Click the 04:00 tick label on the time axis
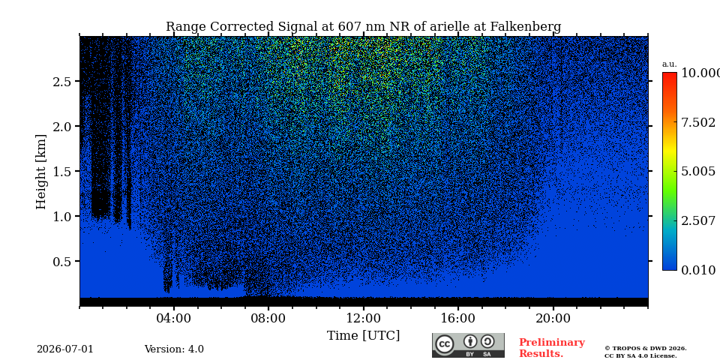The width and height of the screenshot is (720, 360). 174,319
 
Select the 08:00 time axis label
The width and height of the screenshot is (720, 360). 268,319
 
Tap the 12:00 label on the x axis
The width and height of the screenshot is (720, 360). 364,319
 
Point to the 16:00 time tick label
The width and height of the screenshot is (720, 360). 458,319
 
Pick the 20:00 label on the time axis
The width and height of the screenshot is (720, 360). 553,319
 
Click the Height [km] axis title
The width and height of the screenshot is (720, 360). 41,172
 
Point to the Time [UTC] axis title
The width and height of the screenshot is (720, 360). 363,336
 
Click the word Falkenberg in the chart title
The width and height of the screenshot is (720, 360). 526,27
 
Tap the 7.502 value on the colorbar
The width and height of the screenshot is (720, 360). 698,122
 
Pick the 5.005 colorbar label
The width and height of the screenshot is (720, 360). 698,172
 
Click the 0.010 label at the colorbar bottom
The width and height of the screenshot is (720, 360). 698,271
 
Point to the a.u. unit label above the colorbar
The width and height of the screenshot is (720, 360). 670,64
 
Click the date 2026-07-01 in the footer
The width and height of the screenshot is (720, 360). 65,349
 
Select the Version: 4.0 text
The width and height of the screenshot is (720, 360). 174,349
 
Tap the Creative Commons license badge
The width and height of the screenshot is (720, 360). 468,345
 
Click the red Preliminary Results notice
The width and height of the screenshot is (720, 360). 552,348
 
